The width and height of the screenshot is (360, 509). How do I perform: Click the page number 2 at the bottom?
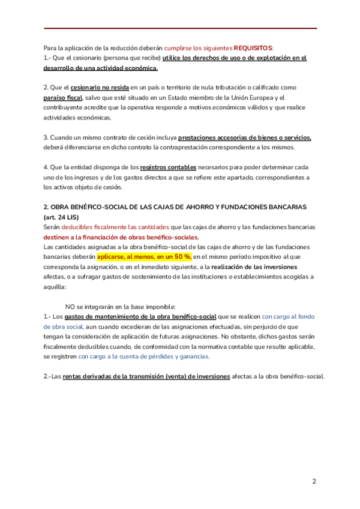click(x=314, y=481)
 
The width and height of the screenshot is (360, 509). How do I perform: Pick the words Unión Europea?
click(x=247, y=97)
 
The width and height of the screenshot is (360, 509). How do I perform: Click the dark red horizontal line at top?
click(x=180, y=28)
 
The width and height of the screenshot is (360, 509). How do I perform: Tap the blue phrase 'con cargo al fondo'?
click(x=289, y=316)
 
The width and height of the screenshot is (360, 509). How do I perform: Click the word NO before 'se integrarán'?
click(x=70, y=306)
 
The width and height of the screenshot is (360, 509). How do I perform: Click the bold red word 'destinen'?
click(x=58, y=237)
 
